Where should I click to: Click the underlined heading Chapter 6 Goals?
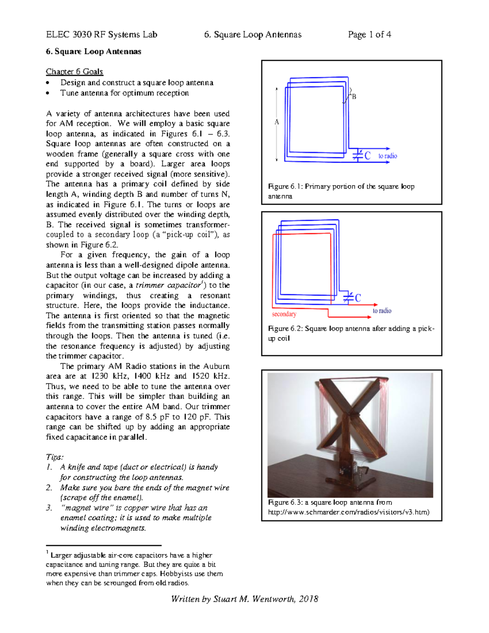click(x=74, y=72)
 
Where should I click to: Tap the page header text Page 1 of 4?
click(x=369, y=35)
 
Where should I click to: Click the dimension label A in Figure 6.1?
click(x=277, y=122)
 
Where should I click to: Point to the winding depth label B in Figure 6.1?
click(x=354, y=97)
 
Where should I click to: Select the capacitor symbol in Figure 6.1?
click(x=357, y=155)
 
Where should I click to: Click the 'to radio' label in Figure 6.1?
click(x=387, y=156)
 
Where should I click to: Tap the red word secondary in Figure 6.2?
click(x=284, y=314)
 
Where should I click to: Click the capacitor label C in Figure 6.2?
click(x=358, y=298)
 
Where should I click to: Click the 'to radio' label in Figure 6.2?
click(x=382, y=311)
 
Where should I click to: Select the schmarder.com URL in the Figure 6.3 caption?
click(x=348, y=512)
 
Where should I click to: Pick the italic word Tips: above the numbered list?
click(x=55, y=457)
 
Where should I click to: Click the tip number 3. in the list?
click(x=49, y=508)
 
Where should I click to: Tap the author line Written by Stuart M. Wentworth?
click(x=244, y=599)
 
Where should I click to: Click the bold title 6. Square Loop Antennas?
click(x=93, y=52)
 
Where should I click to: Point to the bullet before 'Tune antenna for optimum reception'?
click(x=48, y=93)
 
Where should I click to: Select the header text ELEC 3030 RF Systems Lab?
click(x=101, y=35)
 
